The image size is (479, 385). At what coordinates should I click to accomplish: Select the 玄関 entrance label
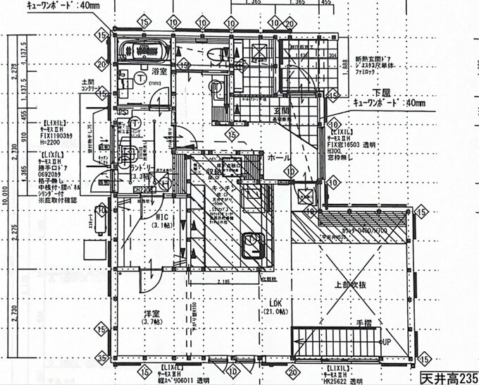pyautogui.click(x=273, y=111)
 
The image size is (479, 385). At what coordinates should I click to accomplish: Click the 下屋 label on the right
pyautogui.click(x=382, y=93)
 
